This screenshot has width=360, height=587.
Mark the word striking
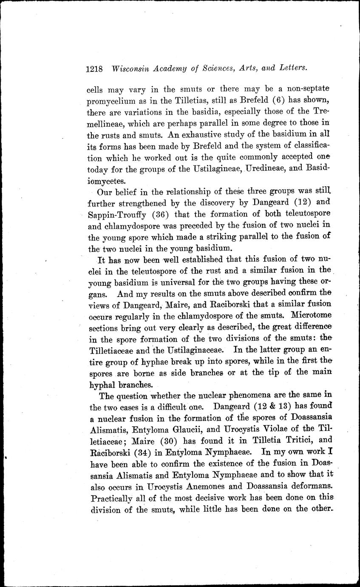coord(232,235)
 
